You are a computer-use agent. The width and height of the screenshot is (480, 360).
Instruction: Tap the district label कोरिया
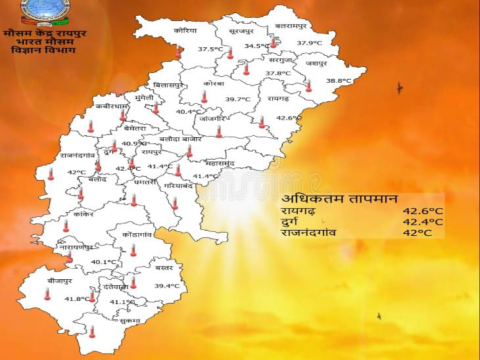pyautogui.click(x=185, y=31)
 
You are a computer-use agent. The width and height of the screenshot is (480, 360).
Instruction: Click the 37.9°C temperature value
pyautogui.click(x=309, y=43)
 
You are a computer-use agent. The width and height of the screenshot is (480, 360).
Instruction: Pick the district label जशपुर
pyautogui.click(x=315, y=64)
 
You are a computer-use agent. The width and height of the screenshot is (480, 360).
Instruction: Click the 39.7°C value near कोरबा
pyautogui.click(x=238, y=99)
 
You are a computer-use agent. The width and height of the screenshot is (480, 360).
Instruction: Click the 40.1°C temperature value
pyautogui.click(x=104, y=261)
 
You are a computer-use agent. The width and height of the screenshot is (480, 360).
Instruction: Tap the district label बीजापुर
pyautogui.click(x=59, y=281)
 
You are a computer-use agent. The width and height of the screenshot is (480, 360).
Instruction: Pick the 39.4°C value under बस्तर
pyautogui.click(x=167, y=286)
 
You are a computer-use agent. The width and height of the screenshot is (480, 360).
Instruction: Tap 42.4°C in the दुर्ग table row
pyautogui.click(x=418, y=222)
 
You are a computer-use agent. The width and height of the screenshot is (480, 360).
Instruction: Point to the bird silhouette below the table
pyautogui.click(x=379, y=316)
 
